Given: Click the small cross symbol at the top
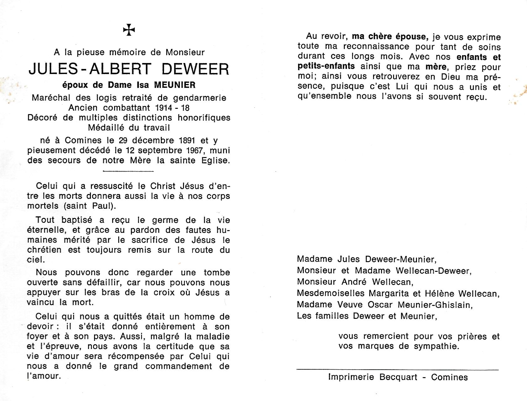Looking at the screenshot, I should click(x=129, y=30).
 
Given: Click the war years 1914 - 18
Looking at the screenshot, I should click(x=172, y=108).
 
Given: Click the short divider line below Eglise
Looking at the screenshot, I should click(x=128, y=171).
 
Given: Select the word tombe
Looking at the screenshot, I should click(x=217, y=272).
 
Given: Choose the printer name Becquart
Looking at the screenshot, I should click(x=398, y=377).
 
